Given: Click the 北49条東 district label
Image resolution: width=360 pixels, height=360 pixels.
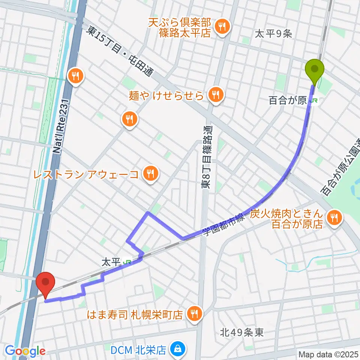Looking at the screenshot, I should [242, 332].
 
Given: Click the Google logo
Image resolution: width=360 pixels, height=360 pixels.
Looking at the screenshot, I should [25, 351].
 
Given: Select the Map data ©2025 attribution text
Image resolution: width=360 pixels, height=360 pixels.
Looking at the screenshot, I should [328, 354].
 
